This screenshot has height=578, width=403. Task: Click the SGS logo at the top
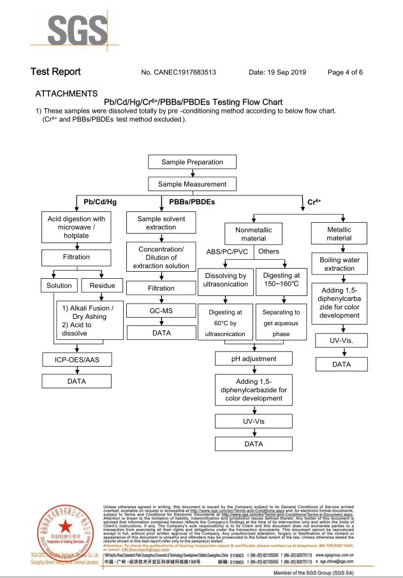(74, 26)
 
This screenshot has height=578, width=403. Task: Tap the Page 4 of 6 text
(345, 73)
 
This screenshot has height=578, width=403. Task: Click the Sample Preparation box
(192, 162)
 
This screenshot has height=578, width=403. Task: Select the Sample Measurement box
(192, 185)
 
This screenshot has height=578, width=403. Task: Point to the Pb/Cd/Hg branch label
(100, 202)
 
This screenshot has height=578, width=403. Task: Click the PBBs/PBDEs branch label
(192, 202)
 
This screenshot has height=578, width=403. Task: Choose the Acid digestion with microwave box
(77, 227)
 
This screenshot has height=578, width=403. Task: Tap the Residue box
(102, 286)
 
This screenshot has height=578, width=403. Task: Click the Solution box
(59, 286)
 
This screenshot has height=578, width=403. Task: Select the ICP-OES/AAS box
(77, 360)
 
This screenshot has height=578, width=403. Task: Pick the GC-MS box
(161, 311)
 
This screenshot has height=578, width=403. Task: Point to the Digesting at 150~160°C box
(277, 279)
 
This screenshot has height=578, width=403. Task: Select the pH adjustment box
(254, 359)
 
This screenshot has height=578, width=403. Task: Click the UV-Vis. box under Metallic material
(341, 341)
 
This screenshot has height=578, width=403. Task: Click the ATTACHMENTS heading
(66, 94)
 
